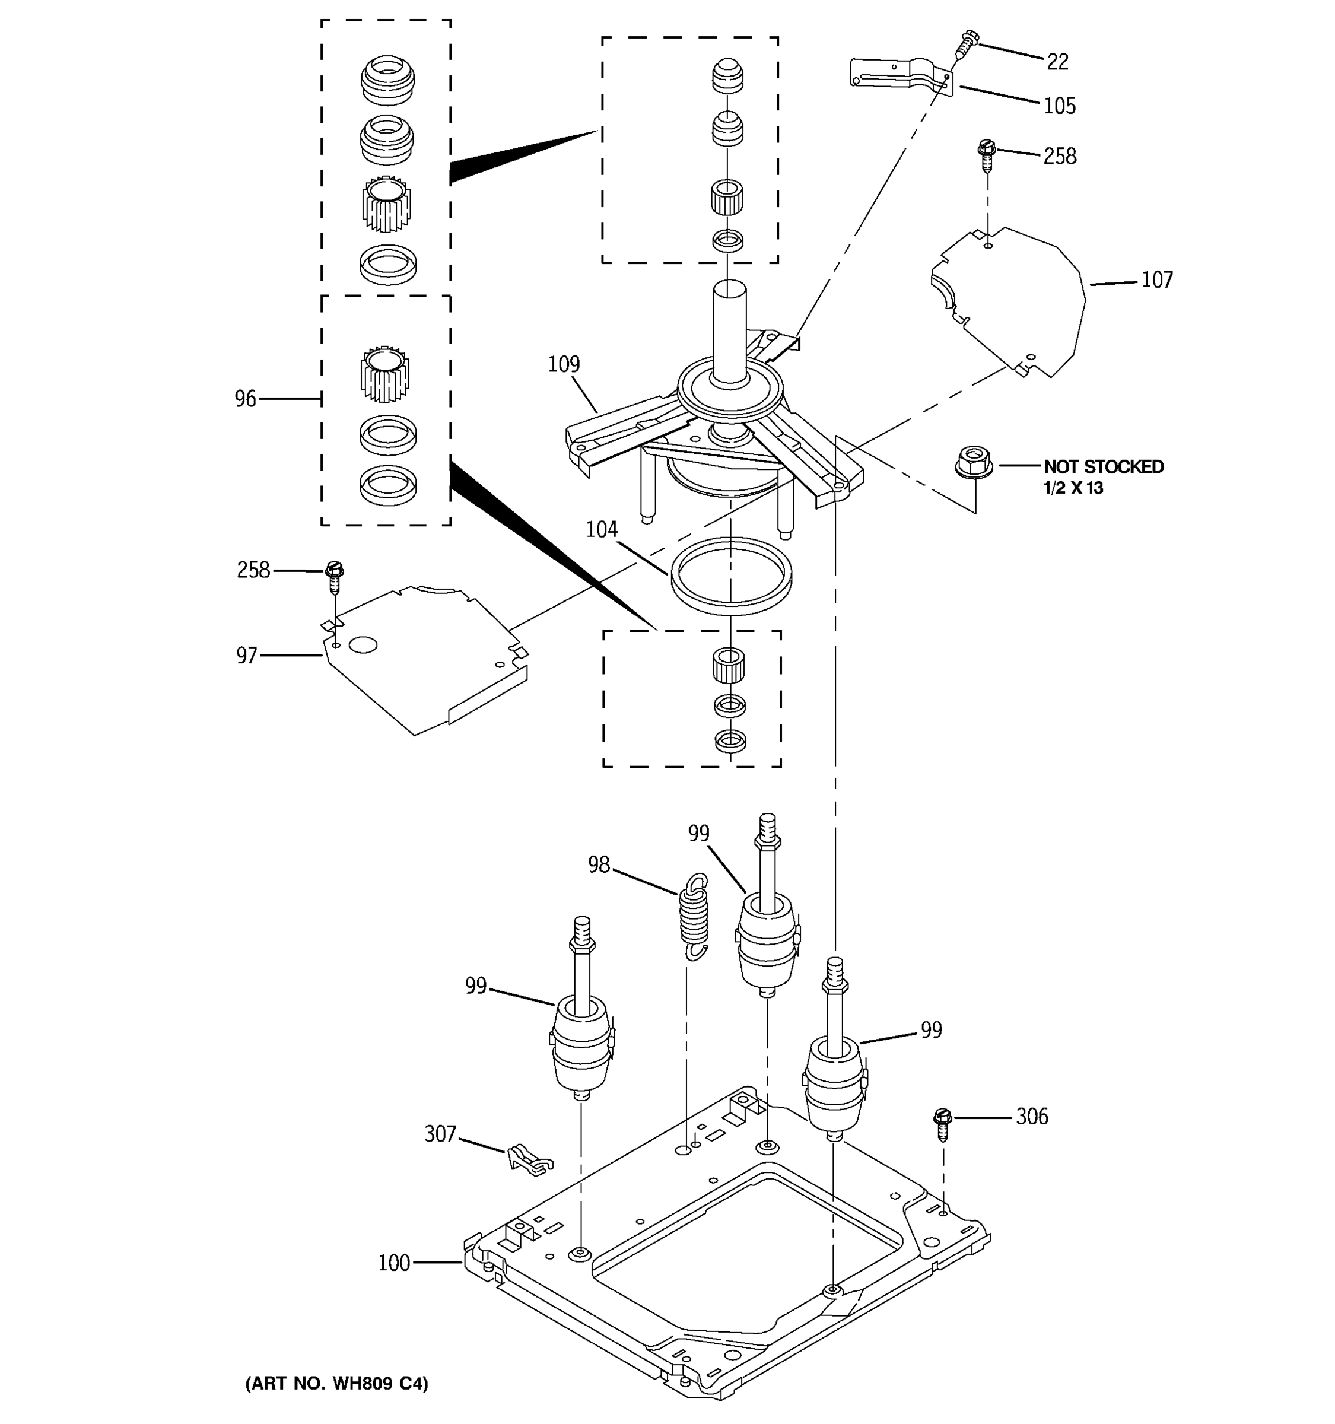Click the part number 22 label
[x=1057, y=62]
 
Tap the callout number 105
[x=1059, y=106]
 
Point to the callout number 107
[x=1156, y=280]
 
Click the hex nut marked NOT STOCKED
[x=974, y=461]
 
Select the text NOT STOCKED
[x=1103, y=467]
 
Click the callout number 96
[x=245, y=399]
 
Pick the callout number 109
[x=564, y=364]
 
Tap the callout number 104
[x=602, y=529]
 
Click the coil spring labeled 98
[x=693, y=916]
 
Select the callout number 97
[x=246, y=656]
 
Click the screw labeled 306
[x=943, y=1124]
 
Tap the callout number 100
[x=394, y=1283]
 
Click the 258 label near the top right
[x=1059, y=156]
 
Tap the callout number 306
[x=1031, y=1117]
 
